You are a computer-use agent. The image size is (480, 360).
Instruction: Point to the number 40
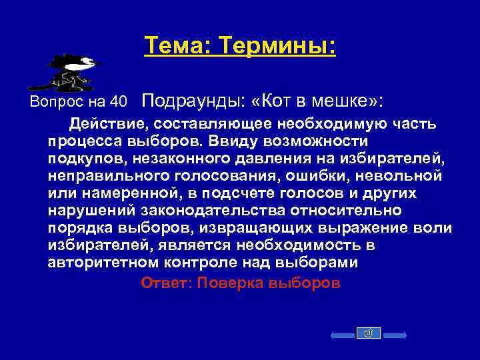pyautogui.click(x=119, y=102)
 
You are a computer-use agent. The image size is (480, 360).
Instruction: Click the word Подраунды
pyautogui.click(x=194, y=101)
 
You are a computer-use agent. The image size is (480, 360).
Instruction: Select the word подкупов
pyautogui.click(x=86, y=159)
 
